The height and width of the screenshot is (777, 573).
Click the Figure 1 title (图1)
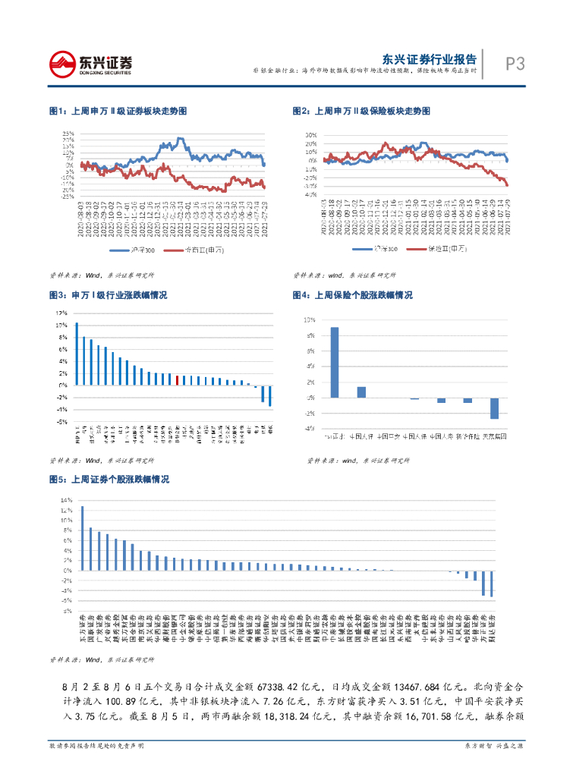pos(118,111)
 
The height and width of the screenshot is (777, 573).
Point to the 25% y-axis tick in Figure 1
pos(69,134)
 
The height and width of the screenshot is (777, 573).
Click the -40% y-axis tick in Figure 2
pos(311,195)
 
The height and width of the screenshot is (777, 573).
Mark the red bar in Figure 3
pos(177,380)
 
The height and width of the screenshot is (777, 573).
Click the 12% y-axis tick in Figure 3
pos(61,313)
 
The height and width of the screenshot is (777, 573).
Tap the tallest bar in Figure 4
pos(335,362)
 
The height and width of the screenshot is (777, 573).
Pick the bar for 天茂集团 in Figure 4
pos(494,407)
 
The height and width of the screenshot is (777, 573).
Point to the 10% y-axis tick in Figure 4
pos(309,320)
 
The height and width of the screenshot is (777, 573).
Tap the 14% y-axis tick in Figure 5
pos(67,501)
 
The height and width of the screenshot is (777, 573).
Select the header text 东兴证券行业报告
pos(430,58)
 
